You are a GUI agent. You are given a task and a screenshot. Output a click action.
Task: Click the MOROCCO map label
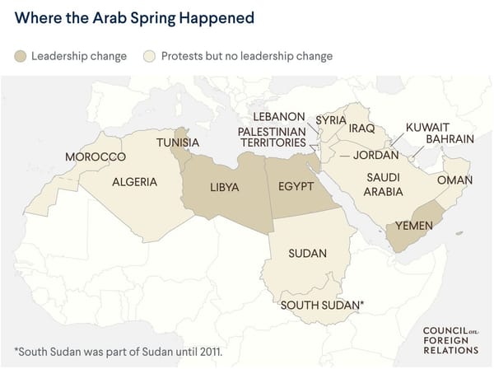click(x=96, y=156)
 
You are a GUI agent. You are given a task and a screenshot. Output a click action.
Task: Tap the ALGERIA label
click(x=134, y=182)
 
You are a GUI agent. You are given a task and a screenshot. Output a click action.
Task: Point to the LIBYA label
click(x=224, y=187)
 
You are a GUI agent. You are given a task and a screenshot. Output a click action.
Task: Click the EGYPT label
click(x=296, y=186)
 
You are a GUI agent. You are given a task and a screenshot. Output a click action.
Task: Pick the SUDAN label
click(x=308, y=253)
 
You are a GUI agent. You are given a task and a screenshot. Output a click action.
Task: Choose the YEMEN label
click(x=415, y=226)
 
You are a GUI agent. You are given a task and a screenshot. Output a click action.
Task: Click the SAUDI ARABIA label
click(x=384, y=184)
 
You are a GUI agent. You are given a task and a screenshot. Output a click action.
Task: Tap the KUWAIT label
click(x=427, y=128)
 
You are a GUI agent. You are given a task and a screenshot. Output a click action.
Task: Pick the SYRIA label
click(x=331, y=120)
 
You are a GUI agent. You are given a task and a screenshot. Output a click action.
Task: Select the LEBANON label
click(x=279, y=116)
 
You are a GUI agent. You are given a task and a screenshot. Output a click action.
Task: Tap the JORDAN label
click(x=375, y=154)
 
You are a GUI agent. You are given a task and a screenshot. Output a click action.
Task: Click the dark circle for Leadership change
click(x=21, y=56)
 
